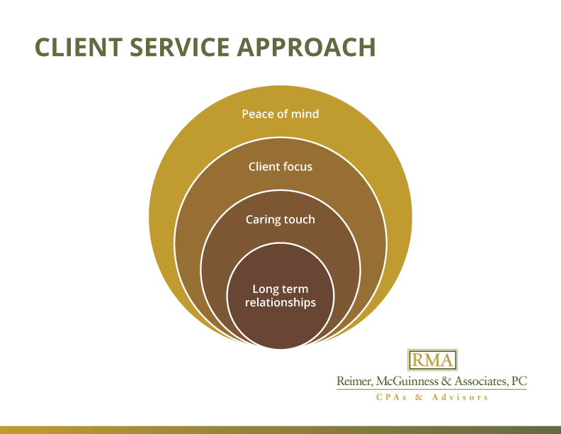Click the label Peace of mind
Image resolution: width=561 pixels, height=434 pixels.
click(x=280, y=113)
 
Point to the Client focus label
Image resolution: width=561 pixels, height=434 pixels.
click(x=280, y=167)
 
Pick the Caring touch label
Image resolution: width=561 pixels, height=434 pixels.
click(x=280, y=219)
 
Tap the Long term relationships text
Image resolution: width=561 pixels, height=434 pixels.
click(x=280, y=296)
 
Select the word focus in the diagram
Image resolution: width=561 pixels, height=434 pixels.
click(x=297, y=167)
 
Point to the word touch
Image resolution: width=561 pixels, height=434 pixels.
click(x=300, y=219)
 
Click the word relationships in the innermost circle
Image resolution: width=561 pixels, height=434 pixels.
click(x=280, y=303)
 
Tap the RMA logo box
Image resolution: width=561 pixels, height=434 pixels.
click(x=432, y=360)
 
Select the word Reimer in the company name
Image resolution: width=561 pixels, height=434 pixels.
click(x=355, y=382)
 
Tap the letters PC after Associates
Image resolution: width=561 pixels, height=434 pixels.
click(x=519, y=382)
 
